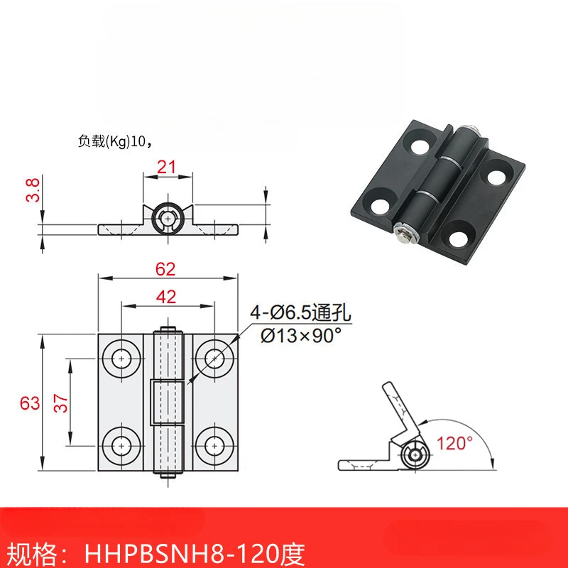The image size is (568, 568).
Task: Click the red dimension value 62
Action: click(167, 269)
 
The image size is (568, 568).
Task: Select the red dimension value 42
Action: click(167, 298)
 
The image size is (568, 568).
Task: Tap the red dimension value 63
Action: click(29, 403)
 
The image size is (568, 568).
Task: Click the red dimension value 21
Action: click(168, 167)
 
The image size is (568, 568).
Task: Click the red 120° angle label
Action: click(455, 444)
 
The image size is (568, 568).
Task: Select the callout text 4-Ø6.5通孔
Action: click(300, 310)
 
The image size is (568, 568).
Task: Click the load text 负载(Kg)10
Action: click(114, 141)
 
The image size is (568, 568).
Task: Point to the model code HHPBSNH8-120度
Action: click(199, 550)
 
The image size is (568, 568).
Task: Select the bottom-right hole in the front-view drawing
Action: click(213, 445)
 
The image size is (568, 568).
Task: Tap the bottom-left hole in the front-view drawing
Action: click(121, 445)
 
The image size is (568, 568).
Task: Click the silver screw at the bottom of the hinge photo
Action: click(401, 235)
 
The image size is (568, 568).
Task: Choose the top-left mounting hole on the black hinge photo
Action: click(420, 146)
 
